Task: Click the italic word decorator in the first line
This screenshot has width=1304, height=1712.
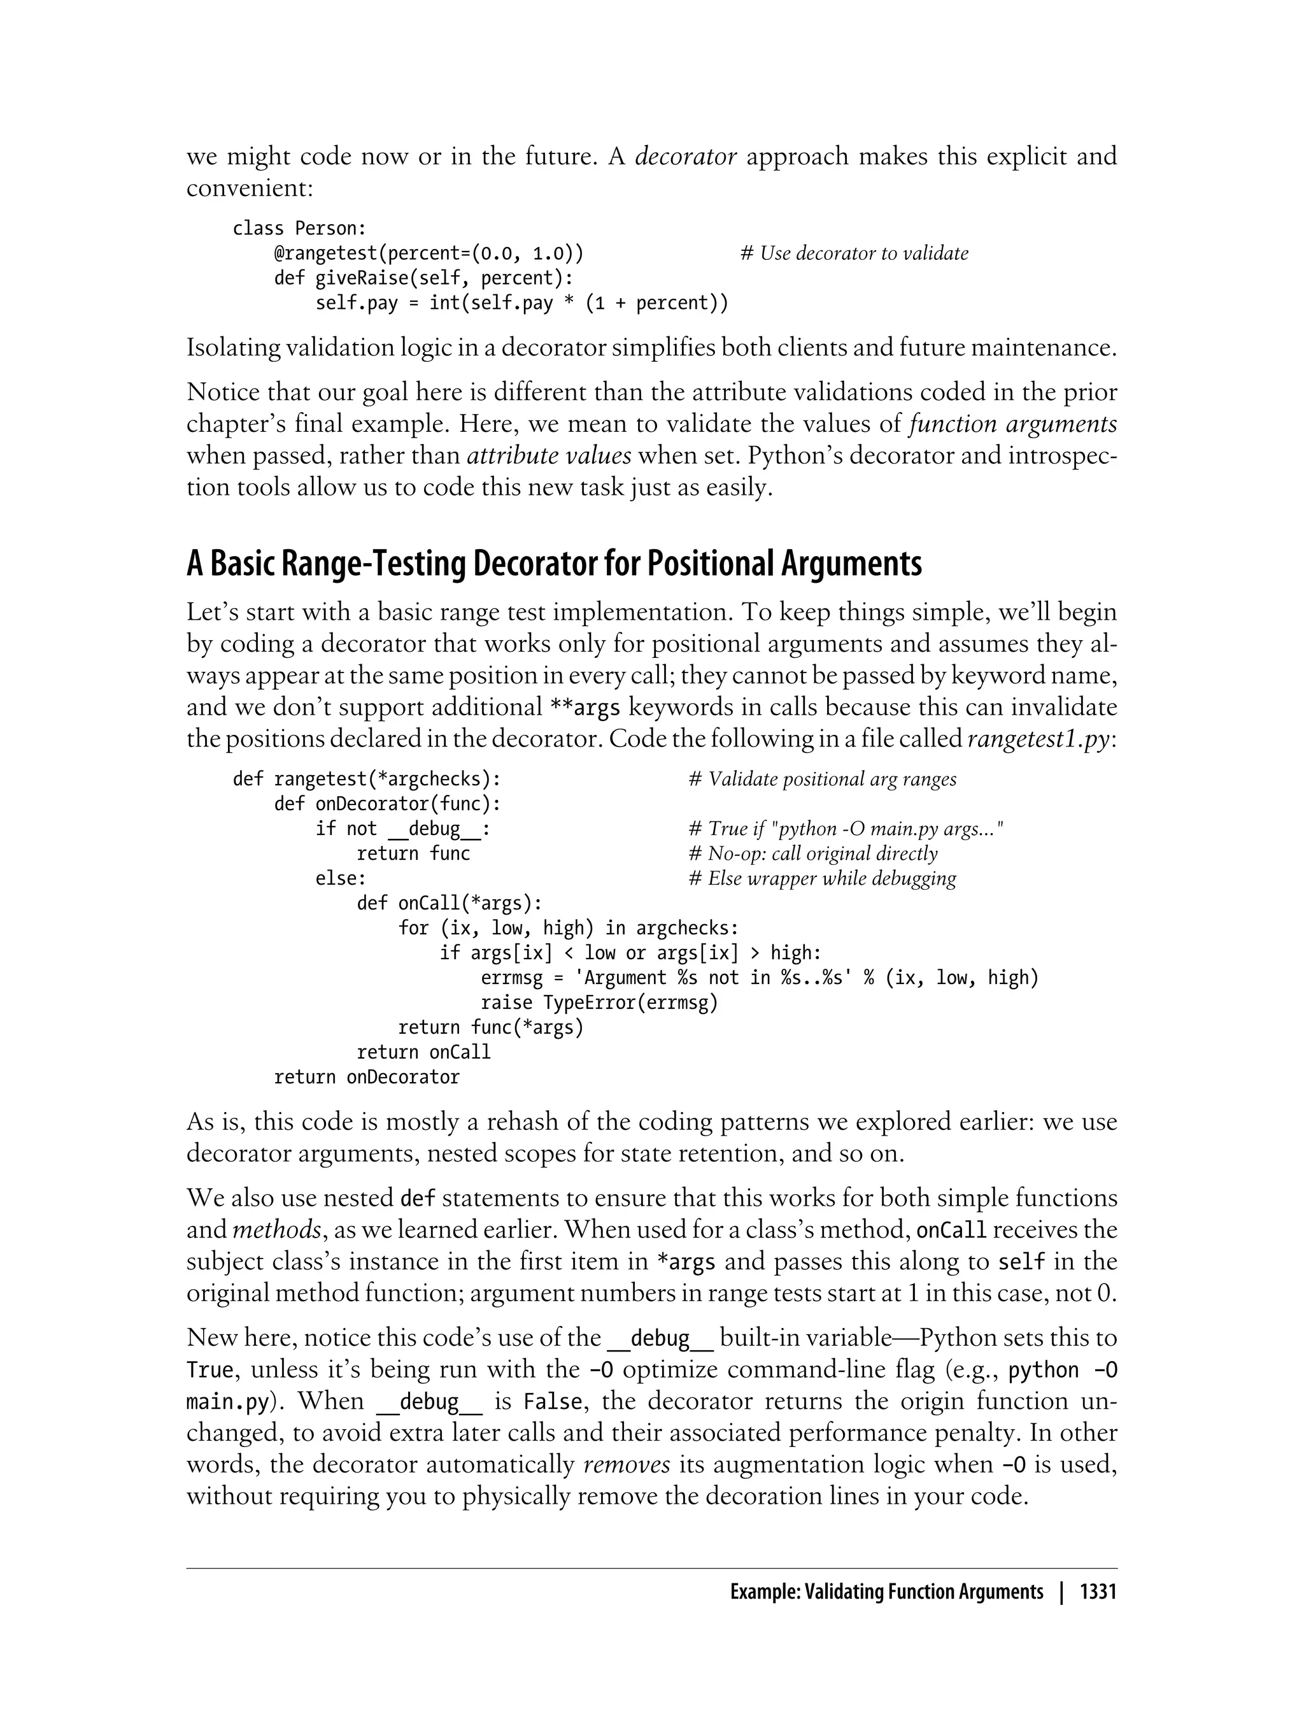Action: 685,157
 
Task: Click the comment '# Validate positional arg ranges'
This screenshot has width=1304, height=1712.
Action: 822,779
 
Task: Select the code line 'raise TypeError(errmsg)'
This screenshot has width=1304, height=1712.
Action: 599,1002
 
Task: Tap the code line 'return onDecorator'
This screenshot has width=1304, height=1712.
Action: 366,1077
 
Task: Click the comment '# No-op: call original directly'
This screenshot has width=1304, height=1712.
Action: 812,853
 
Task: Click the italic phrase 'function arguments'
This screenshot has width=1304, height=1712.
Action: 1012,424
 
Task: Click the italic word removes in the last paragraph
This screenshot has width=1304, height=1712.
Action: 627,1465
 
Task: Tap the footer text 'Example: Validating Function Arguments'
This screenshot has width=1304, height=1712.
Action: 886,1592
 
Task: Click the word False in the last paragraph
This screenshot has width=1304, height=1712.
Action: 553,1402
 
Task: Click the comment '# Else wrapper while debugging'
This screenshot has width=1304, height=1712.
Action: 822,878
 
